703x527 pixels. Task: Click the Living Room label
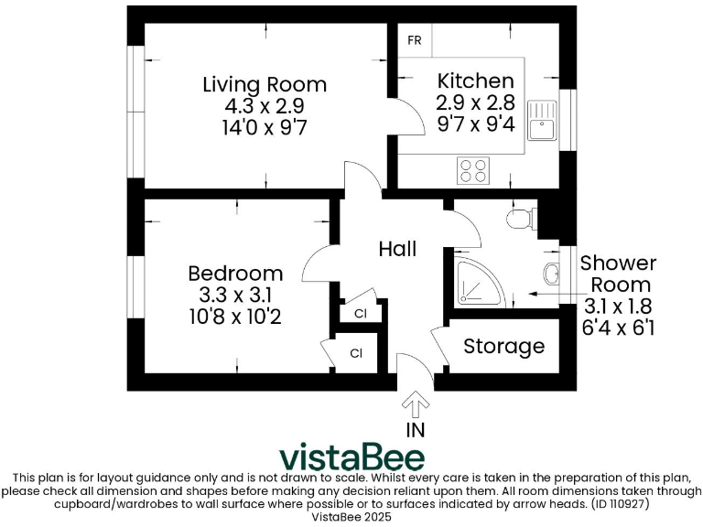[x=265, y=85]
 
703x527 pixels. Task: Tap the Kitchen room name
[x=475, y=81]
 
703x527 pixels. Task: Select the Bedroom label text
[x=235, y=274]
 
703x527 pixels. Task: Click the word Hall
[x=397, y=249]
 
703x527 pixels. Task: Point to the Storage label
[x=503, y=347]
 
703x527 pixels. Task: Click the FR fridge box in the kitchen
[x=415, y=41]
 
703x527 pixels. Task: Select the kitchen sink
[x=546, y=119]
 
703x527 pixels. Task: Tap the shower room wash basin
[x=549, y=274]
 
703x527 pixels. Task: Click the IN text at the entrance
[x=415, y=428]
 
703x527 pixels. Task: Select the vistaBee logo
[x=351, y=457]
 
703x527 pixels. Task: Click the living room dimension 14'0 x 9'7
[x=264, y=127]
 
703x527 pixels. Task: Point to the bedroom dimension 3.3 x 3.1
[x=235, y=296]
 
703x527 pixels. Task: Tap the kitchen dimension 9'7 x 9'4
[x=475, y=123]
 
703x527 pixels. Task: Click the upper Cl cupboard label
[x=360, y=314]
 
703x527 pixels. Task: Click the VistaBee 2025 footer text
[x=351, y=516]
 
